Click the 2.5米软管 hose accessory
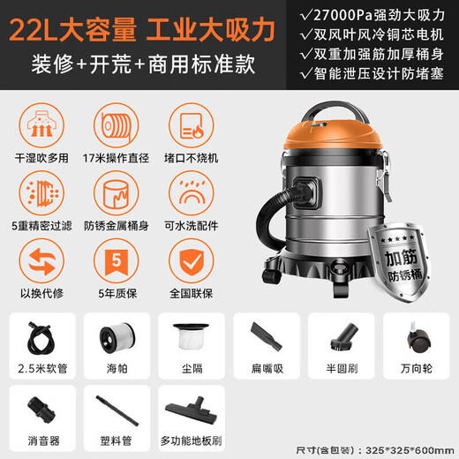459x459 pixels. (41, 337)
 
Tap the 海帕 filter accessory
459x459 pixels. (116, 337)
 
